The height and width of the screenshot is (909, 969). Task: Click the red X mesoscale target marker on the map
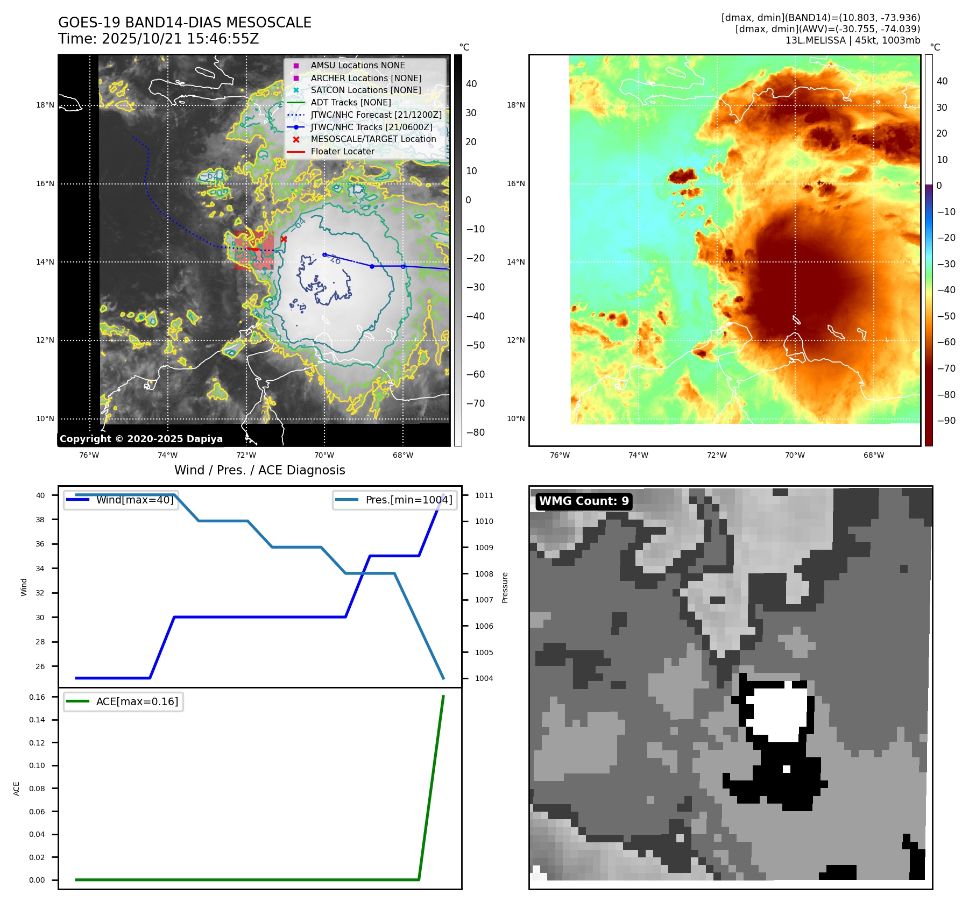coord(284,239)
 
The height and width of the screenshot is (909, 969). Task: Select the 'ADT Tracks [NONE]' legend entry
coord(350,102)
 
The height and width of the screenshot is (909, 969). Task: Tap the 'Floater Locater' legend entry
coord(342,151)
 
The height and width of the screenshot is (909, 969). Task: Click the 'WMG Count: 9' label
coord(584,501)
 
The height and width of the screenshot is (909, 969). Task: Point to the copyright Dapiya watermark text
coord(141,439)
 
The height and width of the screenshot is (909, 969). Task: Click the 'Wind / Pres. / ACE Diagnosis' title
coord(259,470)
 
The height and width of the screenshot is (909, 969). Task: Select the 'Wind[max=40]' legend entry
coord(135,500)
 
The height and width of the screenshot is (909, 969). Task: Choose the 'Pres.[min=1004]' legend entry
coord(408,500)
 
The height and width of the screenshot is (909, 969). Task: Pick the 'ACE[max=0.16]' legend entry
coord(137,701)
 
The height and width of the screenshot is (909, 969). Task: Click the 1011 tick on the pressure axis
coord(484,495)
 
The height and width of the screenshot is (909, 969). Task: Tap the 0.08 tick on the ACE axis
coord(37,789)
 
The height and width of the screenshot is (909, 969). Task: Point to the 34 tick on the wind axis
coord(40,569)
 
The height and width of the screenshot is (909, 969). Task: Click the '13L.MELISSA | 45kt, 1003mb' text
coord(852,40)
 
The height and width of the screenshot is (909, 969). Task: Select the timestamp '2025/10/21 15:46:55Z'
coord(180,39)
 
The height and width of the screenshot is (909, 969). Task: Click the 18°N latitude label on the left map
coord(45,105)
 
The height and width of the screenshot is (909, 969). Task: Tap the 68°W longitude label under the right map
coord(873,455)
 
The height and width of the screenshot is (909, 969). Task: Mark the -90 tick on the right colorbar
coord(946,421)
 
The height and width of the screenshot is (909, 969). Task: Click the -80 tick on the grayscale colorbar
coord(475,432)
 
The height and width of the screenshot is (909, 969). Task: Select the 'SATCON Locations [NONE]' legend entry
coord(366,90)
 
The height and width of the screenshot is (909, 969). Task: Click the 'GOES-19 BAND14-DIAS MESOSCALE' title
coord(185,23)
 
